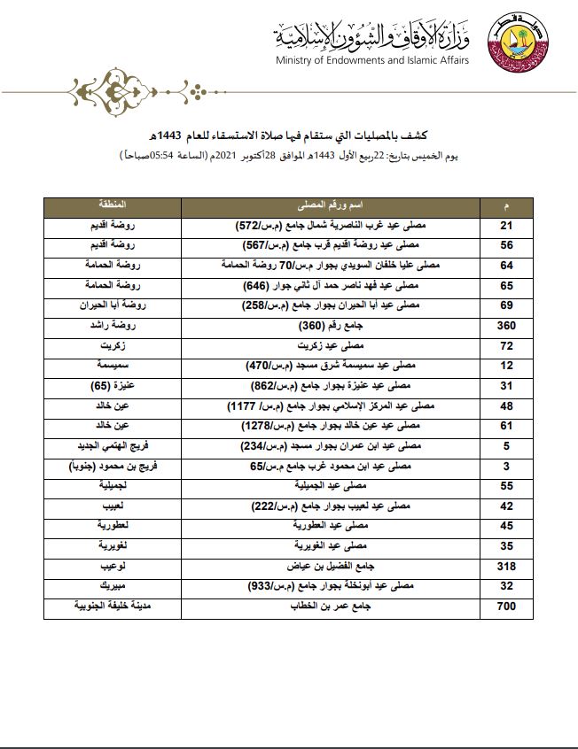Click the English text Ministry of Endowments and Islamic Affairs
click(x=372, y=60)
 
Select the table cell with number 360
click(x=506, y=325)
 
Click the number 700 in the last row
click(x=506, y=606)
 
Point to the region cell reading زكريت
click(x=113, y=345)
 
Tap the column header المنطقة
click(x=113, y=205)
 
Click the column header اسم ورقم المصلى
click(x=330, y=205)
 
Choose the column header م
click(x=506, y=205)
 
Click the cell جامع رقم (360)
click(x=330, y=325)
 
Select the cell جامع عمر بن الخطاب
click(x=330, y=606)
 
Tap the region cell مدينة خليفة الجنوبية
click(x=113, y=606)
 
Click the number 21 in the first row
click(x=506, y=225)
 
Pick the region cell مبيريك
click(x=113, y=585)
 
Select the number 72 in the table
click(x=506, y=345)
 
